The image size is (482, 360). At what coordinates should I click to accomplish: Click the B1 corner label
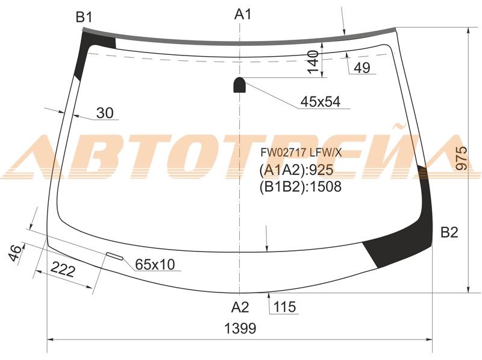[83, 17]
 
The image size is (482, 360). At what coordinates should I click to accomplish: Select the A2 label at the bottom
[240, 308]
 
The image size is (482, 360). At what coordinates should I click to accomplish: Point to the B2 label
[449, 233]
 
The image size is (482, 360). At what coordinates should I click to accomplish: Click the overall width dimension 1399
[240, 329]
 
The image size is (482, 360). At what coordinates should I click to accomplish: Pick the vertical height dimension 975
[462, 159]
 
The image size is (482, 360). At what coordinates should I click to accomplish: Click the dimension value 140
[312, 62]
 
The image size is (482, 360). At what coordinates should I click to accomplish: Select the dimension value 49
[362, 68]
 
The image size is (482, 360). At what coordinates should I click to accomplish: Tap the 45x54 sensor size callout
[321, 102]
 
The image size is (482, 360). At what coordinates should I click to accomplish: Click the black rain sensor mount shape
[239, 85]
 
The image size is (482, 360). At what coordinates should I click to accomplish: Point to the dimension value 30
[105, 113]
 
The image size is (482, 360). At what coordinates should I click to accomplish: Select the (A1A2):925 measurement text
[296, 169]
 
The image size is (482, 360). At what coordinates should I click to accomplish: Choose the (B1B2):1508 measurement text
[300, 187]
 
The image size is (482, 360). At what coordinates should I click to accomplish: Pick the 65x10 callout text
[154, 265]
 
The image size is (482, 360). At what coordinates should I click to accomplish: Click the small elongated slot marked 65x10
[114, 256]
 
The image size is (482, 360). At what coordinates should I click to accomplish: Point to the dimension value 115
[284, 308]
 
